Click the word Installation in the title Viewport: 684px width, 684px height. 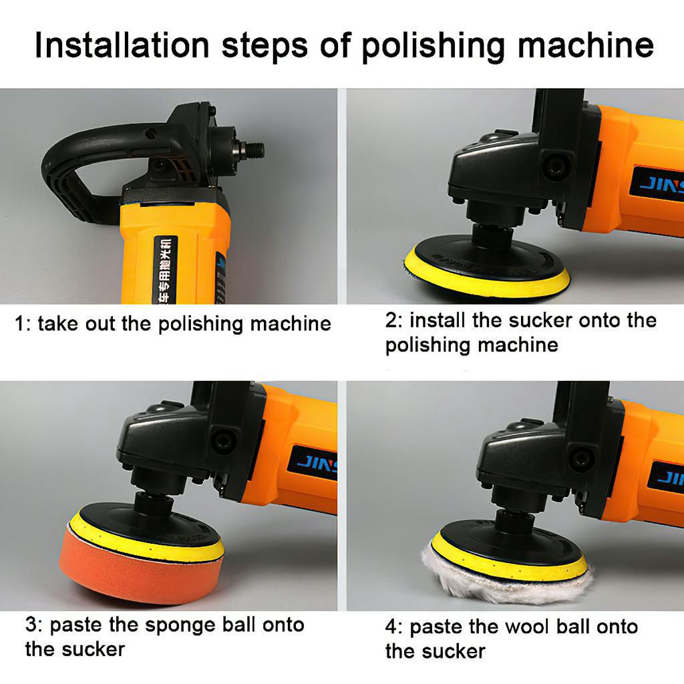pyautogui.click(x=122, y=45)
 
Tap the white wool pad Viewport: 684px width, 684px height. pyautogui.click(x=508, y=578)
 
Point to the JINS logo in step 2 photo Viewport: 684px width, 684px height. pyautogui.click(x=658, y=184)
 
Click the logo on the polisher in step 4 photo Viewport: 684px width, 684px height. pyautogui.click(x=668, y=477)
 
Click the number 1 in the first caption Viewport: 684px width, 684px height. pyautogui.click(x=20, y=324)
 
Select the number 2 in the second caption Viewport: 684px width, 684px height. pyautogui.click(x=391, y=320)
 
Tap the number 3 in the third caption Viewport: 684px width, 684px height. pyautogui.click(x=31, y=625)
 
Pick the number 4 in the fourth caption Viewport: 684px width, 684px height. pyautogui.click(x=391, y=627)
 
